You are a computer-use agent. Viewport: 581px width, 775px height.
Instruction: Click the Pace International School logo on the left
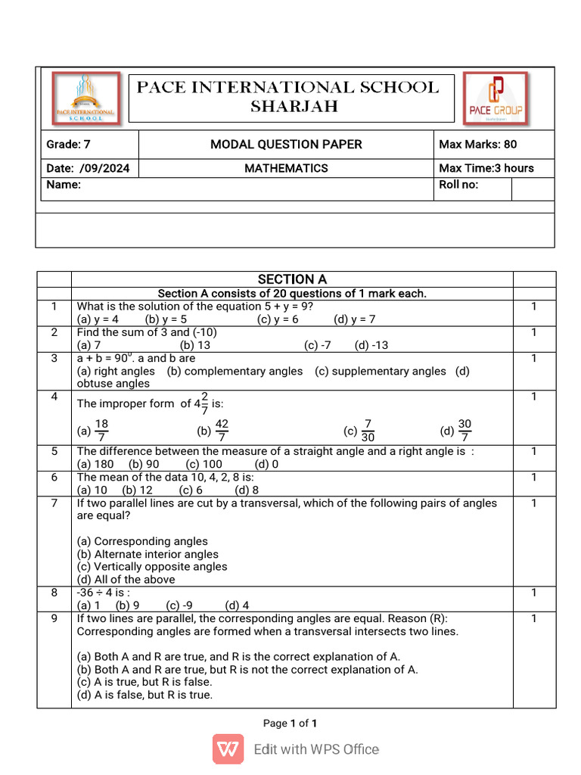coord(85,98)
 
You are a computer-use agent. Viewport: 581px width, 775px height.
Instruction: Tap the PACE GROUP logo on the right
coord(496,98)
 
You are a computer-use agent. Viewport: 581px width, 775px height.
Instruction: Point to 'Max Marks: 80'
coord(477,144)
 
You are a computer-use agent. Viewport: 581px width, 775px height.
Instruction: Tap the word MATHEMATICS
coord(286,168)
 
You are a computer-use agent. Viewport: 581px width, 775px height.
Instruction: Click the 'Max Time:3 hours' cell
coord(486,168)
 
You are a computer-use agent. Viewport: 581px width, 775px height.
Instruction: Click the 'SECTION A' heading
coord(292,279)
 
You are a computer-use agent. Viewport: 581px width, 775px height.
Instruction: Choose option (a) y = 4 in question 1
coord(98,319)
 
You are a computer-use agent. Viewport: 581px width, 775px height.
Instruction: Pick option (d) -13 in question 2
coord(371,345)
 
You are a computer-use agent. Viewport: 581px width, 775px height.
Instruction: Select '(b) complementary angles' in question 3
coord(235,371)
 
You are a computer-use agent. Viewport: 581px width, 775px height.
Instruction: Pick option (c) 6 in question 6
coord(191,490)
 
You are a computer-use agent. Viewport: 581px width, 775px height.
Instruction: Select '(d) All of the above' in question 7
coord(126,579)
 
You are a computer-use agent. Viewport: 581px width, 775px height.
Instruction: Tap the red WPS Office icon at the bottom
coord(228,749)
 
